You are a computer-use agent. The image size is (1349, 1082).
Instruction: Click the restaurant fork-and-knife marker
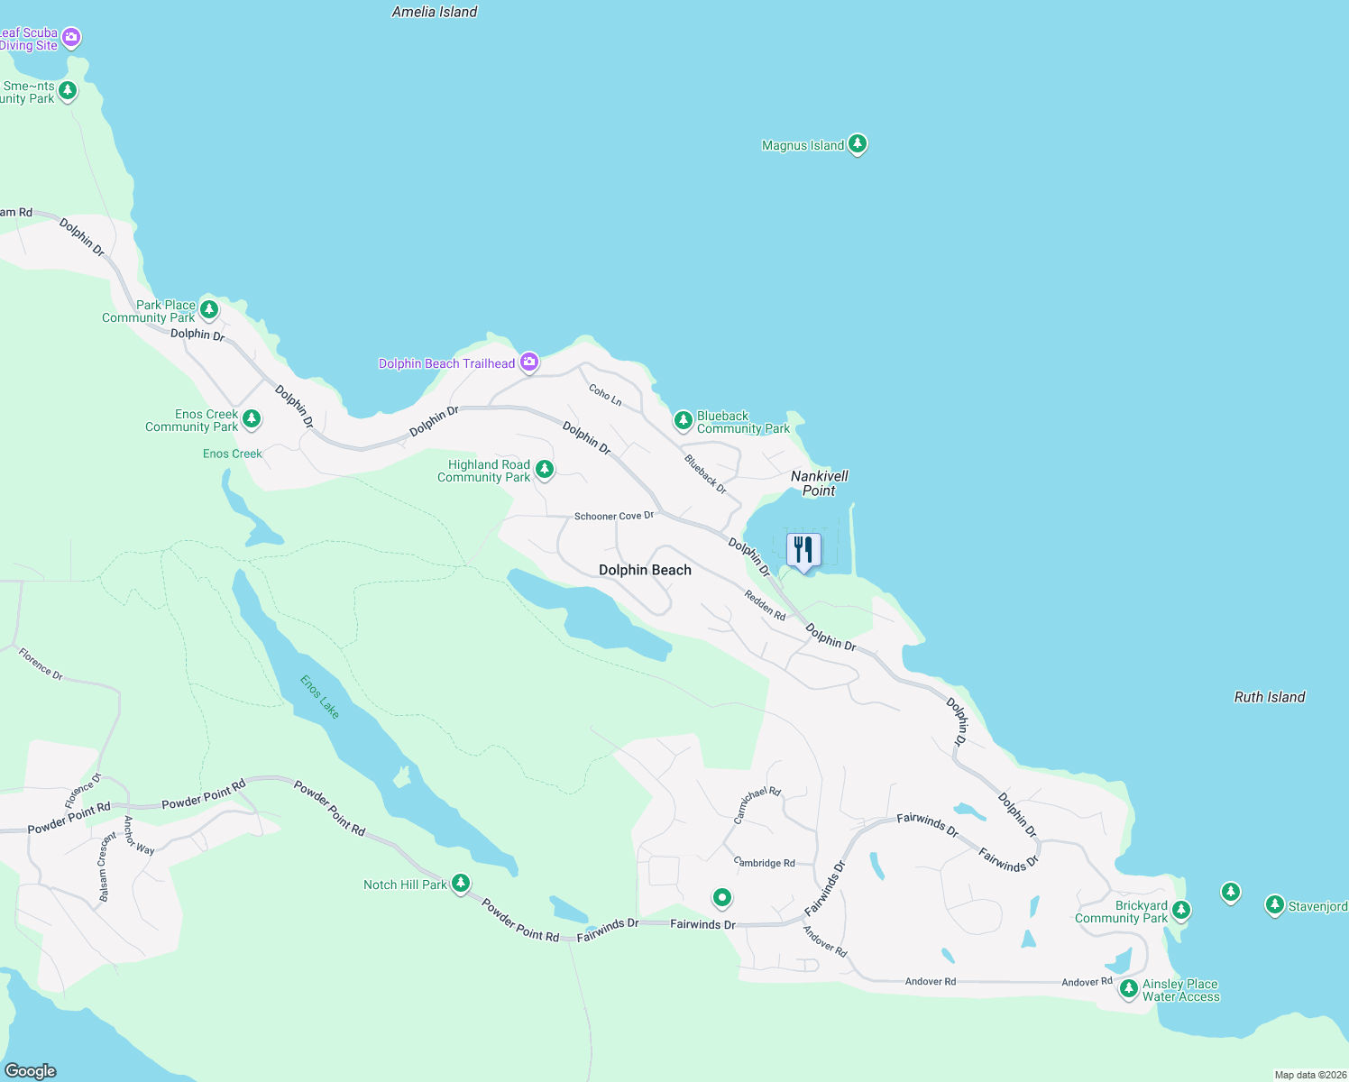(803, 550)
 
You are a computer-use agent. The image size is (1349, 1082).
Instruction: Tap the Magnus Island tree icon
(858, 143)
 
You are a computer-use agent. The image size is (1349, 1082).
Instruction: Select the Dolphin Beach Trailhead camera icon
(529, 362)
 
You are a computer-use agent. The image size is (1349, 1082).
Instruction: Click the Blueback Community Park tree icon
(684, 420)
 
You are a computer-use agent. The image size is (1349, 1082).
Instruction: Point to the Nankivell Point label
(819, 483)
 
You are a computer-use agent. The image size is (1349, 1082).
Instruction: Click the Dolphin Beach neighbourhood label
(645, 570)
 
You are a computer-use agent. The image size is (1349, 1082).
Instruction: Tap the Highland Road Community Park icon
(545, 469)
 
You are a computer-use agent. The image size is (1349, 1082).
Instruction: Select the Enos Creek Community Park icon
(252, 419)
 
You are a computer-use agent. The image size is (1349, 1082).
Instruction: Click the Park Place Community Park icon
(209, 310)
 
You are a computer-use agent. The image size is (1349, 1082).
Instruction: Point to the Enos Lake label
(320, 697)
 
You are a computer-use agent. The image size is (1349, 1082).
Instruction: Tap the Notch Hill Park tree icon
(461, 883)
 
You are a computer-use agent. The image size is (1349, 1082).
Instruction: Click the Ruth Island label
(1270, 697)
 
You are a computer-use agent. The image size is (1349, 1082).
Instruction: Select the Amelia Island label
(435, 12)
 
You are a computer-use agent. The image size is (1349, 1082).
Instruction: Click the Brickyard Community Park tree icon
(1181, 910)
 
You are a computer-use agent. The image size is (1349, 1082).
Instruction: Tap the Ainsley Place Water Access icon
(1128, 988)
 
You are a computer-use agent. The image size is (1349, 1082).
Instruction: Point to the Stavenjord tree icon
(1274, 904)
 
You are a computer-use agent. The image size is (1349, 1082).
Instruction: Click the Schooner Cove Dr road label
(614, 517)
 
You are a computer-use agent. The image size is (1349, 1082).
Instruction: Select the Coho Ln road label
(605, 394)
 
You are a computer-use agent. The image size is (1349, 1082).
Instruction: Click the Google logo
(30, 1071)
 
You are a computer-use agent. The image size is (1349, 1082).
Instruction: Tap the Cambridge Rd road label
(765, 863)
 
